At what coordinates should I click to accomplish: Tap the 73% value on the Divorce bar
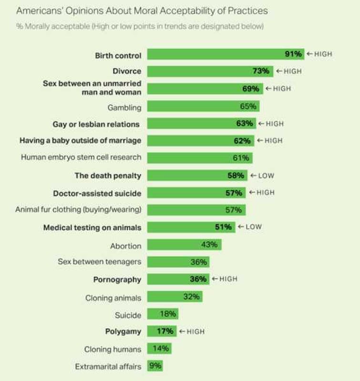(261, 71)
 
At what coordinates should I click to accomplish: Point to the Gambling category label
(124, 107)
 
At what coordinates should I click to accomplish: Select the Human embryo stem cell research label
(81, 157)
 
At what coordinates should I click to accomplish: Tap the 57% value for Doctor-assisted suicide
(234, 193)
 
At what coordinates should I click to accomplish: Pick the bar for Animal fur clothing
(196, 210)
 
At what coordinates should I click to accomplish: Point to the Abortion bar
(184, 244)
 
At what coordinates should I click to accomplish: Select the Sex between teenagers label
(99, 262)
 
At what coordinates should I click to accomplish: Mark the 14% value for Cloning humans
(161, 349)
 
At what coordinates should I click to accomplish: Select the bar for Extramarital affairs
(155, 366)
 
